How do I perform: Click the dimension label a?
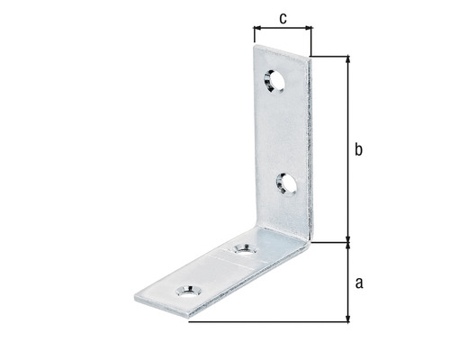click(359, 283)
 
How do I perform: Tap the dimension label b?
click(358, 151)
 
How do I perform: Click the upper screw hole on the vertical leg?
click(274, 82)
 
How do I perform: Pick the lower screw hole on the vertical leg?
click(288, 184)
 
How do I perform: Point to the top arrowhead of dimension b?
click(347, 60)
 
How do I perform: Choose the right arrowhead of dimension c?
click(308, 29)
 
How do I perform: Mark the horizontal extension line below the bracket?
click(270, 321)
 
